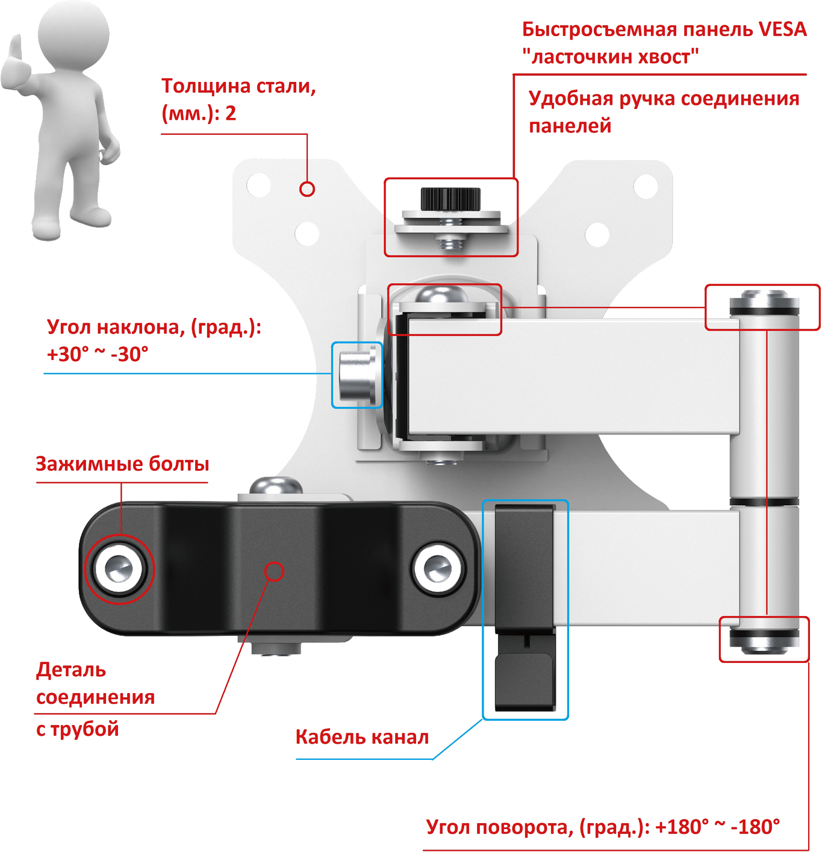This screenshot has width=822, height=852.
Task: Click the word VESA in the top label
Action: pyautogui.click(x=782, y=29)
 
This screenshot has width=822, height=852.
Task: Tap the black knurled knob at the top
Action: pyautogui.click(x=450, y=198)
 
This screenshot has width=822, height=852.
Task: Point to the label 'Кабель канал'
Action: pyautogui.click(x=362, y=737)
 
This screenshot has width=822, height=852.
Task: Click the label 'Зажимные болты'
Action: pyautogui.click(x=122, y=464)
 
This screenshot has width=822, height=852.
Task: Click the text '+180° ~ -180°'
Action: pyautogui.click(x=717, y=827)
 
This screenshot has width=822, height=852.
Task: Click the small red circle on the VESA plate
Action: pyautogui.click(x=307, y=189)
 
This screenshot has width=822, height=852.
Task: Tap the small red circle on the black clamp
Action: pyautogui.click(x=275, y=571)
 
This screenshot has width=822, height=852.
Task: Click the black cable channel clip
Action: pyautogui.click(x=524, y=608)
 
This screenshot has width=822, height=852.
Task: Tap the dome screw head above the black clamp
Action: pyautogui.click(x=276, y=486)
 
